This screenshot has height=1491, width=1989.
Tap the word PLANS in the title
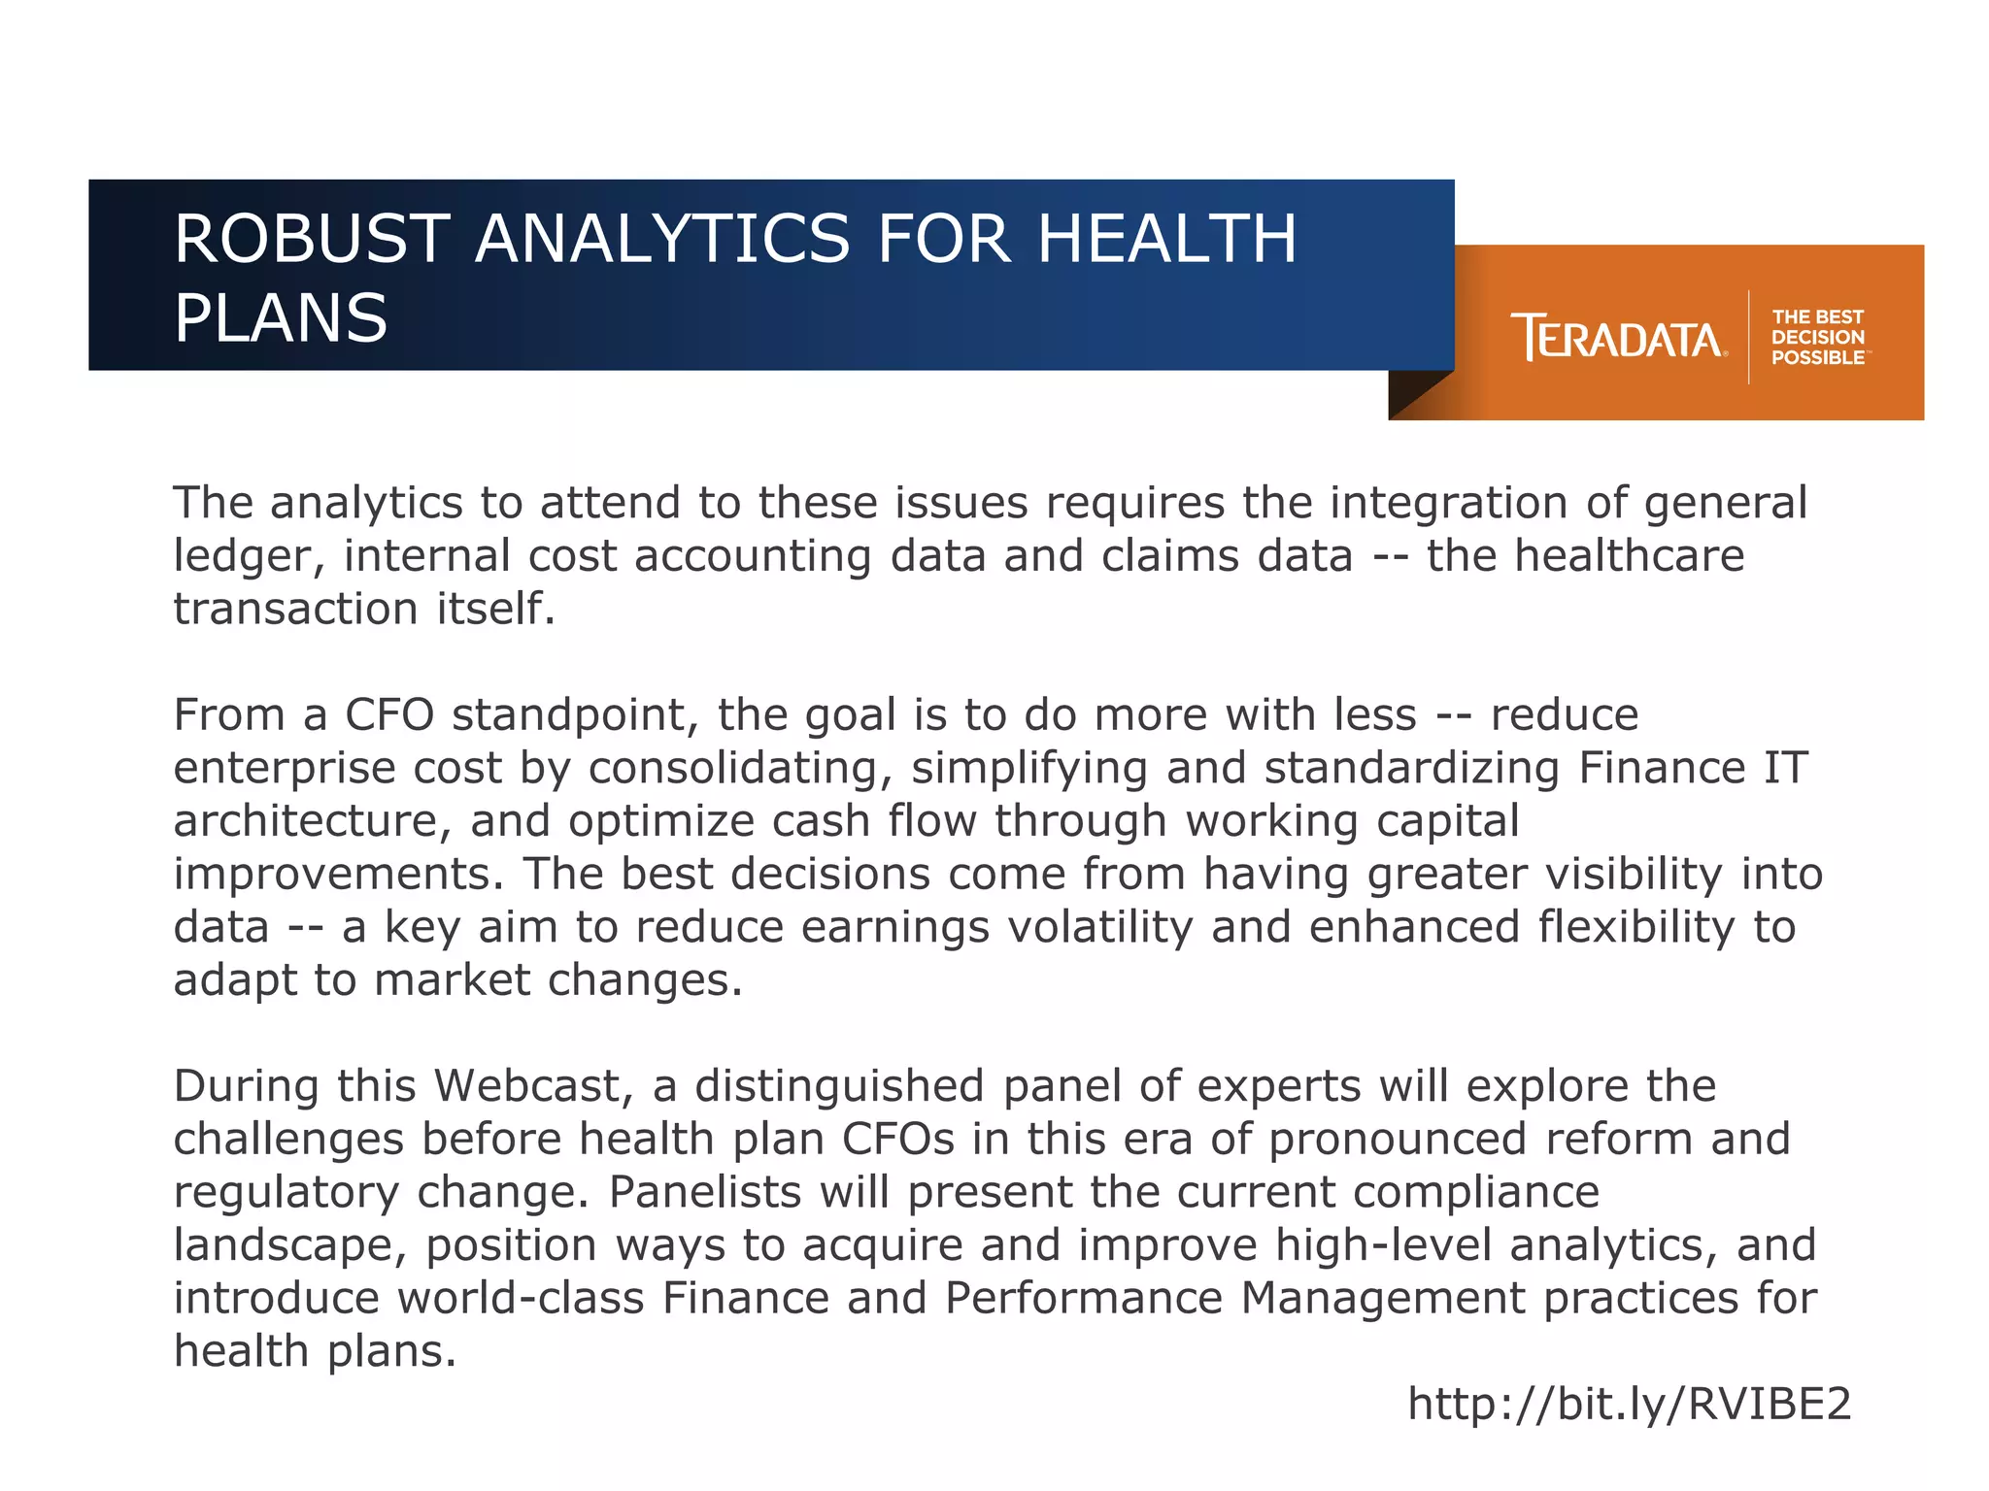[x=281, y=318]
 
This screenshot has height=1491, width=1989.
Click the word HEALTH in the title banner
[x=1166, y=240]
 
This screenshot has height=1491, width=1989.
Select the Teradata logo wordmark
[x=1618, y=338]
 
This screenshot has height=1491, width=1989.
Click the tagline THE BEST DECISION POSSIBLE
[x=1817, y=338]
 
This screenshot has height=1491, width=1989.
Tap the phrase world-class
[x=521, y=1299]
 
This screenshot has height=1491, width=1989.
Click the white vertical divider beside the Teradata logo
[x=1749, y=338]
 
